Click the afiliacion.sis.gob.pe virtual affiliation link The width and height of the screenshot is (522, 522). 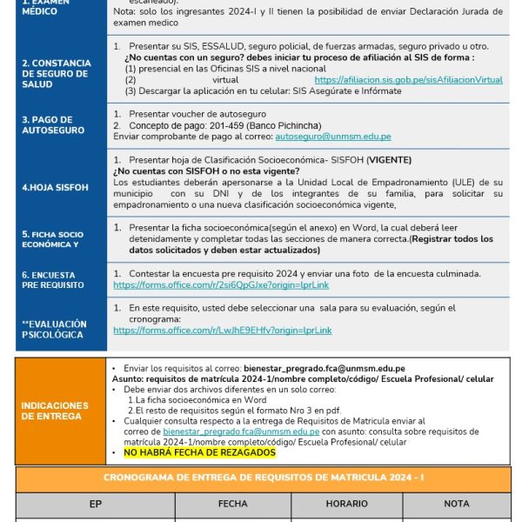[x=408, y=79]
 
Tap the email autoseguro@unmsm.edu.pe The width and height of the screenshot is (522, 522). [x=332, y=137]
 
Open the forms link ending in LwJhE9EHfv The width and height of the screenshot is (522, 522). [x=222, y=330]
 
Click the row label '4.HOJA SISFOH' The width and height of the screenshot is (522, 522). [x=50, y=186]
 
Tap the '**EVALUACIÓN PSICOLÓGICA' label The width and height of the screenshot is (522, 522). [x=53, y=329]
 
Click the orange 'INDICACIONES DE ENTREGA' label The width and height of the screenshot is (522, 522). [x=55, y=411]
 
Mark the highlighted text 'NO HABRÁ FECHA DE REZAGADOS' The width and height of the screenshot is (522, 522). [x=199, y=452]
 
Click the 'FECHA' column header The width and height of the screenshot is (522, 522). [x=232, y=504]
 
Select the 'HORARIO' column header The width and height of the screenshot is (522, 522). [x=346, y=504]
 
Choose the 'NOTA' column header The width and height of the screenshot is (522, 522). [x=456, y=504]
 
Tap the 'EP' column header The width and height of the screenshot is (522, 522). [x=96, y=504]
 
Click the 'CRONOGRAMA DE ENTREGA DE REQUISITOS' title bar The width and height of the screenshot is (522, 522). [x=262, y=478]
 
